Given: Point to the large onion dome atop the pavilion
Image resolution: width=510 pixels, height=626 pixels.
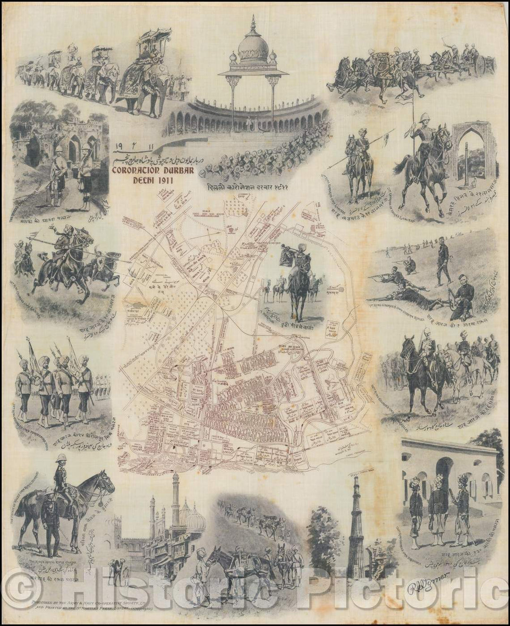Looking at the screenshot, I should (253, 47).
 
